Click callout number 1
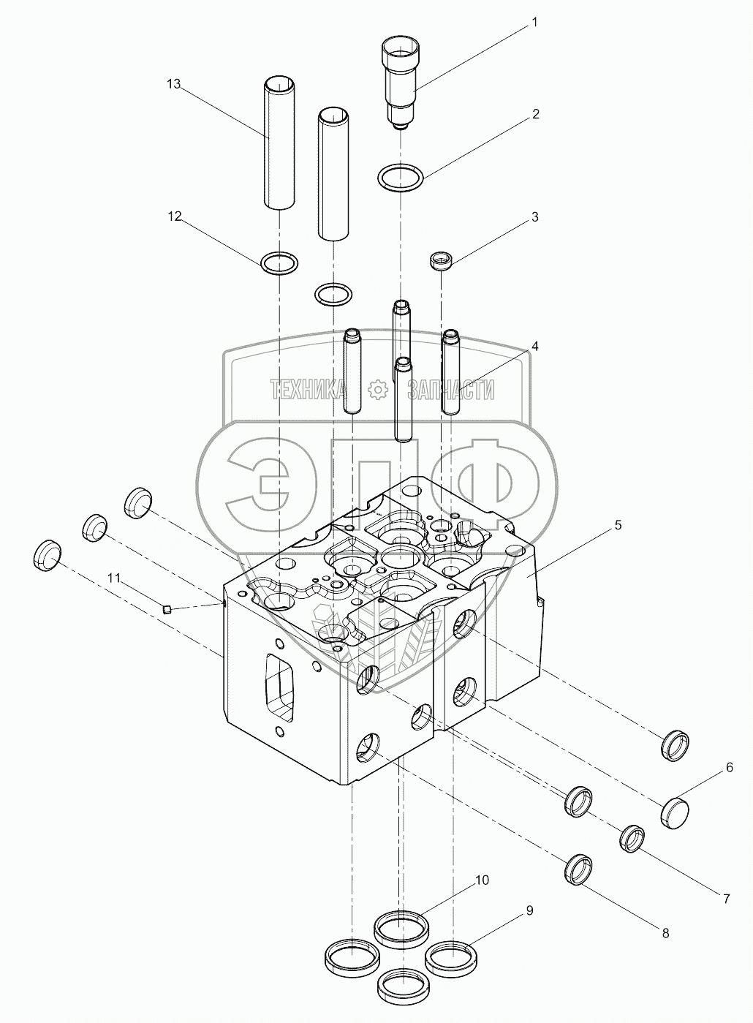coord(534,23)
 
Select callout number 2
coord(535,114)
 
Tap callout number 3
coord(535,217)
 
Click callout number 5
coord(618,525)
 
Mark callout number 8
coord(665,933)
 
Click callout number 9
coord(529,910)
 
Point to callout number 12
coord(173,216)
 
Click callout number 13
coord(173,85)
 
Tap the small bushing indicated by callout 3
coord(441,260)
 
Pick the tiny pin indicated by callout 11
coord(167,609)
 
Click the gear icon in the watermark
coord(377,390)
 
